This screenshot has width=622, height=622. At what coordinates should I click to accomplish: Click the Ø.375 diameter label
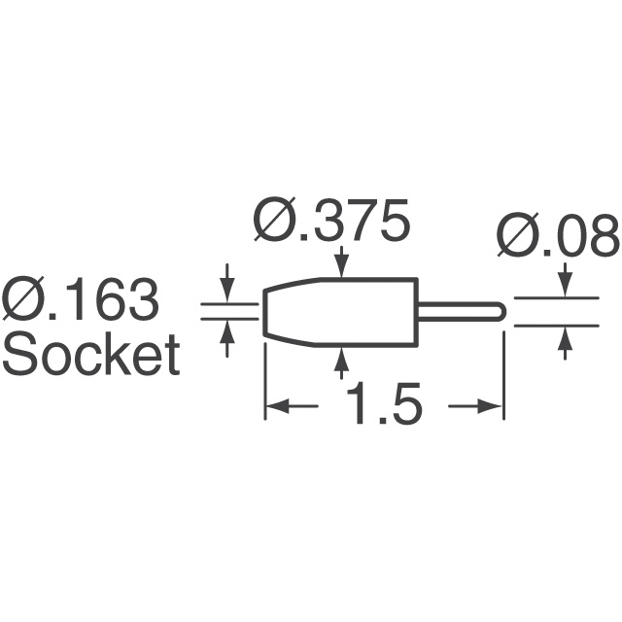pyautogui.click(x=331, y=222)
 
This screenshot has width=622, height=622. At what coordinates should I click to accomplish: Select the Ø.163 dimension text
pyautogui.click(x=80, y=299)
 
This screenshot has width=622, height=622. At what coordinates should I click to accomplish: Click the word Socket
pyautogui.click(x=91, y=355)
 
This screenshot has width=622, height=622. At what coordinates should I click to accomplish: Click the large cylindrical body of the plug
pyautogui.click(x=341, y=312)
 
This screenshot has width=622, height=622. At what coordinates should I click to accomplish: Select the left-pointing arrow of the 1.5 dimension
pyautogui.click(x=292, y=406)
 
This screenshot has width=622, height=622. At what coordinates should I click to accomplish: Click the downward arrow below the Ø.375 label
pyautogui.click(x=341, y=261)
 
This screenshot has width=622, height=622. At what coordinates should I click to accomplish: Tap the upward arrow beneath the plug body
pyautogui.click(x=341, y=363)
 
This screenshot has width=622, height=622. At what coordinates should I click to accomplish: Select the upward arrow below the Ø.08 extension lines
pyautogui.click(x=566, y=342)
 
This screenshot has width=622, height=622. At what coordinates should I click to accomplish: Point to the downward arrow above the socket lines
pyautogui.click(x=226, y=283)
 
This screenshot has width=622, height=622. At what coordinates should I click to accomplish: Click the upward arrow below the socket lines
pyautogui.click(x=226, y=338)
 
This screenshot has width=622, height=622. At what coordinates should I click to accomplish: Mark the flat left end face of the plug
pyautogui.click(x=265, y=312)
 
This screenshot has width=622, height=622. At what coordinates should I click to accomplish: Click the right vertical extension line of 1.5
pyautogui.click(x=503, y=376)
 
